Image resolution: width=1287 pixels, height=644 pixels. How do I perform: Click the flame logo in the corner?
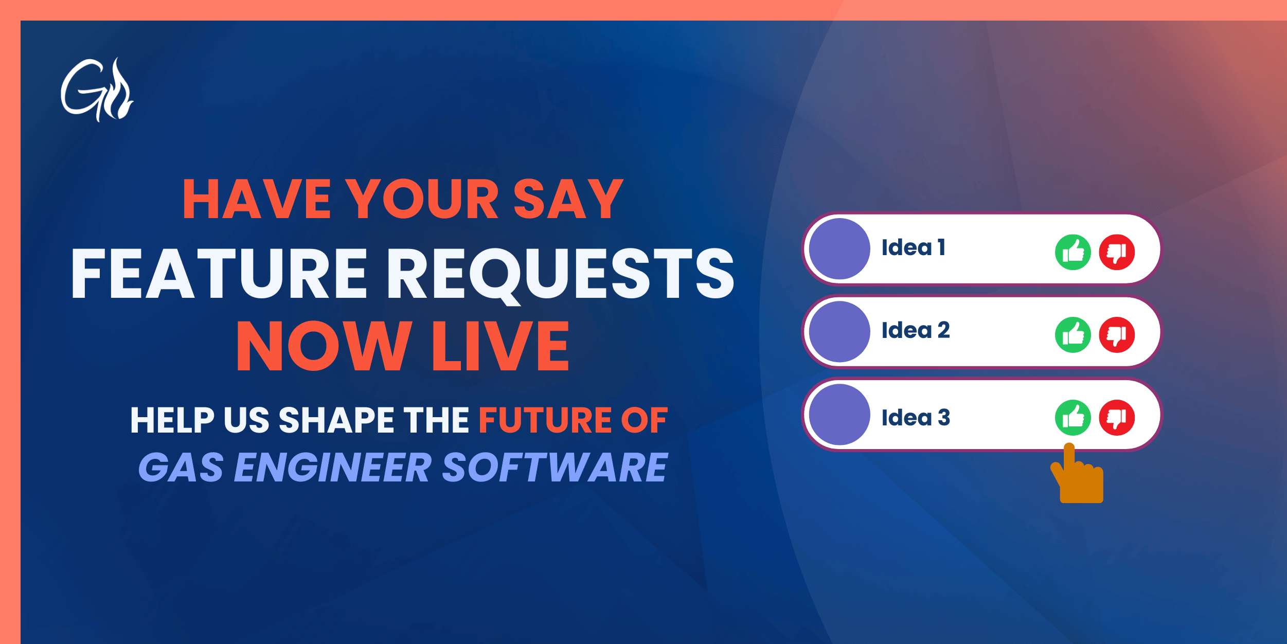[x=97, y=90]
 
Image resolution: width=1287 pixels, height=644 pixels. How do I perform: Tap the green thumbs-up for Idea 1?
[x=1072, y=252]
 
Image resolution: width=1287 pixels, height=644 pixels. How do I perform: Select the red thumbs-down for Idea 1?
[x=1117, y=252]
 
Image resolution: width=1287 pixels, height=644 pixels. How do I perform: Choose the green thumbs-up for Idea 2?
[x=1072, y=335]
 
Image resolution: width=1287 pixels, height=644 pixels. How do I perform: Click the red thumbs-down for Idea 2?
[x=1117, y=335]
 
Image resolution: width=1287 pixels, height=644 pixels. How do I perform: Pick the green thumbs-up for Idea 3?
[x=1072, y=417]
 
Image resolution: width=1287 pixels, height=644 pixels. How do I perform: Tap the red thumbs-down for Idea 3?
[x=1117, y=417]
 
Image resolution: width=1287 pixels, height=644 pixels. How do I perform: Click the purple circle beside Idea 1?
[x=839, y=249]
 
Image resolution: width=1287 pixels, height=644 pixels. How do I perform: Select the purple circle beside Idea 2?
[x=839, y=332]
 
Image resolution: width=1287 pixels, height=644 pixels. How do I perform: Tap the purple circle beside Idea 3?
[x=839, y=415]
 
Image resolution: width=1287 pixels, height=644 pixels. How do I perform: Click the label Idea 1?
[x=914, y=248]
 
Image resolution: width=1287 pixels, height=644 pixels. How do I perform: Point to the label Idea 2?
[x=916, y=330]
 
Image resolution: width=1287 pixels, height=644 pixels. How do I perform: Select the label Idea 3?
[x=916, y=418]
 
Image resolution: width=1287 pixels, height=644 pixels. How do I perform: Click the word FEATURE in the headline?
[x=219, y=274]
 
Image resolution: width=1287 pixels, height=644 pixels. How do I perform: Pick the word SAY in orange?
[x=568, y=199]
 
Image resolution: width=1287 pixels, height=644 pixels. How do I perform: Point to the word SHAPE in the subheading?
[x=336, y=420]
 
